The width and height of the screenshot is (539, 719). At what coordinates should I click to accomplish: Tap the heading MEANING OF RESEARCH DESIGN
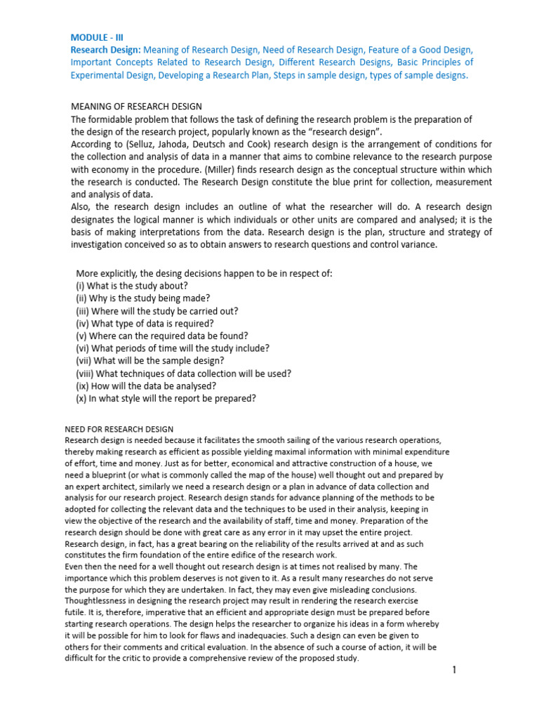[137, 106]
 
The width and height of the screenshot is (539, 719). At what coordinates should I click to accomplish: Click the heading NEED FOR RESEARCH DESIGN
[119, 429]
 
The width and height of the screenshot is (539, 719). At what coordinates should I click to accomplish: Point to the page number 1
[454, 671]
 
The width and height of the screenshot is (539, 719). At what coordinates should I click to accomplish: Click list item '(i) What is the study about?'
[131, 286]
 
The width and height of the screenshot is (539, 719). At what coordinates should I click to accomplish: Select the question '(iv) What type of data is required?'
[145, 324]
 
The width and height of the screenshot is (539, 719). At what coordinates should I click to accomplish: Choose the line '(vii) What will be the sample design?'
[149, 361]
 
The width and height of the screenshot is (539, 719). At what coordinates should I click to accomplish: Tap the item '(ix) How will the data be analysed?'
[145, 386]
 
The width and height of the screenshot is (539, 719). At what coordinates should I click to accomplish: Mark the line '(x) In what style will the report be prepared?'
[166, 399]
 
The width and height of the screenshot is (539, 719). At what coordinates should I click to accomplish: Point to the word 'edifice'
[232, 555]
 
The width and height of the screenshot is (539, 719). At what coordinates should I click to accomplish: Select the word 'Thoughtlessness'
[98, 600]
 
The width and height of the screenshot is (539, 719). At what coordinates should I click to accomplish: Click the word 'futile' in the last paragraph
[74, 612]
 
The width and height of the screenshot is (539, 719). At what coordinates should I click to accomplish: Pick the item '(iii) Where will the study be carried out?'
[157, 311]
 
